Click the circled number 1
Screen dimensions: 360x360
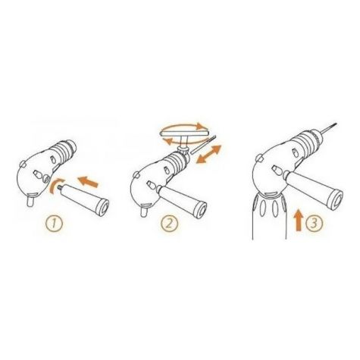(x=54, y=224)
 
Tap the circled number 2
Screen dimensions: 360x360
(x=170, y=224)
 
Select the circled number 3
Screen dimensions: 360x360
(x=314, y=224)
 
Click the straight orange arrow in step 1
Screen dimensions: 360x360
(x=87, y=182)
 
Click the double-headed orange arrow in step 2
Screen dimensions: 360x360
(x=208, y=155)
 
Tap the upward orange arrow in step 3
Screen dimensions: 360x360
(x=299, y=220)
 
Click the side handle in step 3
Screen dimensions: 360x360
(x=315, y=188)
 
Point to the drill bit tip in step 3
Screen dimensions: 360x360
(x=336, y=124)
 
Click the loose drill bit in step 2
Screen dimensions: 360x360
(x=203, y=145)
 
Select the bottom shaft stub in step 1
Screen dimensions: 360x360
(x=30, y=202)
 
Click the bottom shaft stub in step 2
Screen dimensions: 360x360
(x=144, y=211)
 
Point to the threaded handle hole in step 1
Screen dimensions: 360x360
(x=46, y=179)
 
